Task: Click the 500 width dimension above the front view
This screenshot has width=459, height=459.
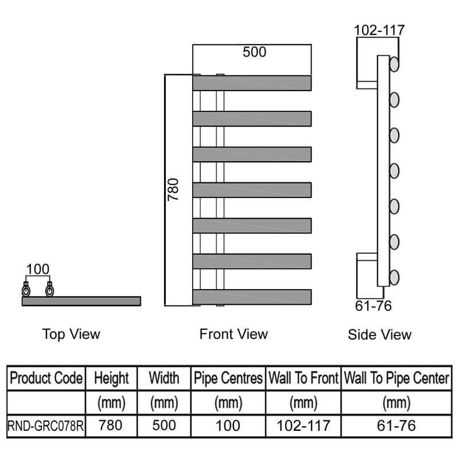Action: click(x=254, y=52)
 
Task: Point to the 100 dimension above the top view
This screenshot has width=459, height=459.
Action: click(x=38, y=269)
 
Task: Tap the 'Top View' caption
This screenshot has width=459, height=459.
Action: click(x=71, y=334)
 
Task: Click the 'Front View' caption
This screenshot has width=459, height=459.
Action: click(x=234, y=334)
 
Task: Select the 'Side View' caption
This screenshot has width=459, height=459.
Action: click(x=379, y=334)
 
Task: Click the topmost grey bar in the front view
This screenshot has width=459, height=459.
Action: click(x=252, y=83)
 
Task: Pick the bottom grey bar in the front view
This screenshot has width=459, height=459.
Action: click(x=252, y=297)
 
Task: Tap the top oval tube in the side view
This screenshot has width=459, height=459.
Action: click(x=394, y=64)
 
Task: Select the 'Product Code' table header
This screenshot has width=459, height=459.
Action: click(x=47, y=378)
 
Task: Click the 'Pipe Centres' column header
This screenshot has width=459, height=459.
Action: click(x=228, y=378)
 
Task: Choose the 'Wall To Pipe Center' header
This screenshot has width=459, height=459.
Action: click(x=395, y=378)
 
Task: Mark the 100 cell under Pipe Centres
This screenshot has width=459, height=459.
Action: click(x=228, y=426)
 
